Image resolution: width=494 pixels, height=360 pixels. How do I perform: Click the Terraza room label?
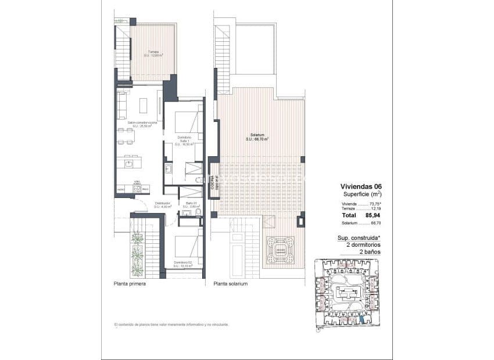[153, 54]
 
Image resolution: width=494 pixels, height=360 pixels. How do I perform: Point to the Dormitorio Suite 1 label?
[184, 140]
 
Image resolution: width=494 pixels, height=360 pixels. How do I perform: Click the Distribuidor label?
[162, 205]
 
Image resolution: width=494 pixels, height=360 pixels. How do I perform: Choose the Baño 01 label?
[192, 205]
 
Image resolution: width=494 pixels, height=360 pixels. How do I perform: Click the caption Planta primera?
[130, 284]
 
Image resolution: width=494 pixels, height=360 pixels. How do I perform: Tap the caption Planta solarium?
[231, 284]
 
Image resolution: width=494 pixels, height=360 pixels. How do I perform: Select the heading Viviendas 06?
[361, 186]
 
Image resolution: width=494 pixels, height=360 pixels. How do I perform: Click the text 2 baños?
[368, 253]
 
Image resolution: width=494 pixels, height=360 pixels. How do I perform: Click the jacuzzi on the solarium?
[280, 250]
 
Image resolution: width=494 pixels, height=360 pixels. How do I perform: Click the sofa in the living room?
[122, 105]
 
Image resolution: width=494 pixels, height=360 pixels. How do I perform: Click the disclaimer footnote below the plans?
[171, 324]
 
